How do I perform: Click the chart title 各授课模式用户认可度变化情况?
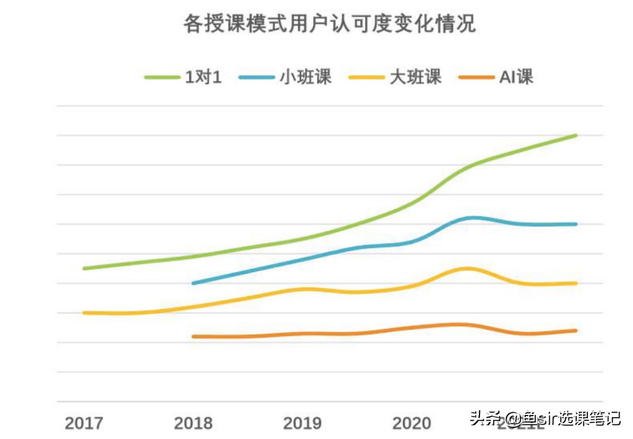click(329, 24)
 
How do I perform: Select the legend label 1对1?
click(203, 77)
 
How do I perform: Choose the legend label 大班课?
click(415, 77)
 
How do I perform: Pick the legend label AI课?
click(516, 77)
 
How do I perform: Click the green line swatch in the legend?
click(162, 77)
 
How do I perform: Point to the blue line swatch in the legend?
click(257, 77)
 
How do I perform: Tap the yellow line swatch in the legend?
click(367, 77)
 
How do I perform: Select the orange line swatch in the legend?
click(477, 77)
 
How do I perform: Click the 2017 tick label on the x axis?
click(84, 423)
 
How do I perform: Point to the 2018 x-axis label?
click(193, 423)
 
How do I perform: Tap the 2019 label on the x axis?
click(302, 423)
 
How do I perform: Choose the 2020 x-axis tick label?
click(411, 423)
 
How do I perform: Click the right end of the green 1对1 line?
click(576, 135)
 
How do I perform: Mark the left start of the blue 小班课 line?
click(193, 283)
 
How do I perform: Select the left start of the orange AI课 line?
click(193, 336)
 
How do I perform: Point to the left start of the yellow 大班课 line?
click(84, 313)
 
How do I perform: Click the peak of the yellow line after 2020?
click(467, 268)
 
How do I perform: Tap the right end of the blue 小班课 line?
click(576, 224)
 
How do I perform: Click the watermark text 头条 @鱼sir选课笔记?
click(544, 419)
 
